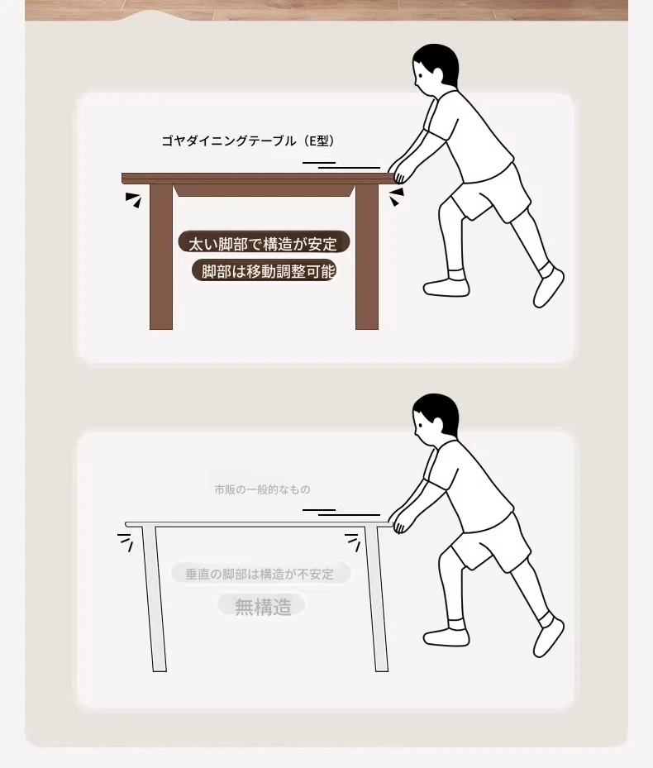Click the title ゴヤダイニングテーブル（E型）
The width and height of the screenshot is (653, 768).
[x=248, y=141]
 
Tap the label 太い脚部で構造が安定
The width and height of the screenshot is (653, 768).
[x=264, y=243]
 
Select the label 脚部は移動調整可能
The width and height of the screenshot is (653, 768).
[x=264, y=271]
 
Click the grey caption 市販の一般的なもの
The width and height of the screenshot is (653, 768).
[x=262, y=489]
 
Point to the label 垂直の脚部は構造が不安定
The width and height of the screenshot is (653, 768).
[x=260, y=574]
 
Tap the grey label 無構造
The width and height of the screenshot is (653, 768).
[x=262, y=607]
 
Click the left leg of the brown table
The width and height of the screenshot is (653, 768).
[x=161, y=256]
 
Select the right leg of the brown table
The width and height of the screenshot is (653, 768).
[x=367, y=256]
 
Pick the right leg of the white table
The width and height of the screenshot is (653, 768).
[x=377, y=599]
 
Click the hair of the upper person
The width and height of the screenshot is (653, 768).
[x=436, y=63]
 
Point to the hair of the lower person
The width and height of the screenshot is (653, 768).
[x=436, y=413]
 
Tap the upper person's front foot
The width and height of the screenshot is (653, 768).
[x=446, y=288]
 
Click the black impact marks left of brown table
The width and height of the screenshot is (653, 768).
[x=134, y=199]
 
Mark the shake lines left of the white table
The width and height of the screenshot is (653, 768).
[x=126, y=541]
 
